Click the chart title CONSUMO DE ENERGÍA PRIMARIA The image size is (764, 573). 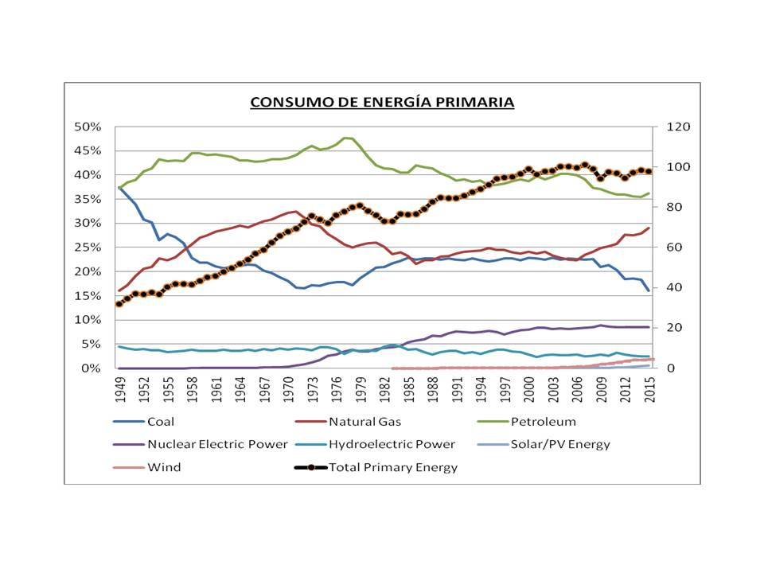382,103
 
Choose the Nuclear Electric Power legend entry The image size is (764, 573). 217,444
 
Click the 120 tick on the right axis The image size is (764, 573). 666,127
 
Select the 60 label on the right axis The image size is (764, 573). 663,248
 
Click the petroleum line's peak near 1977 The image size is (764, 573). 345,138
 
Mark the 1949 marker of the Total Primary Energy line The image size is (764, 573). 119,304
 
